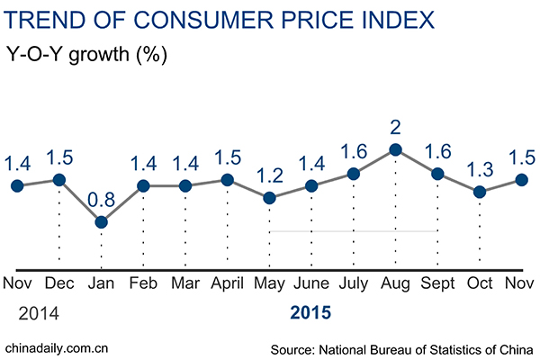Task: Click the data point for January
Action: click(x=101, y=221)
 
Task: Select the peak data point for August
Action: click(x=395, y=150)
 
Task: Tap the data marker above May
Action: click(x=269, y=197)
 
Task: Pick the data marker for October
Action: click(x=480, y=192)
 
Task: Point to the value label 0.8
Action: click(x=101, y=197)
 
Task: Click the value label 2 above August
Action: click(x=395, y=126)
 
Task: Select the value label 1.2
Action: click(x=269, y=172)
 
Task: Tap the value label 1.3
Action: click(x=480, y=166)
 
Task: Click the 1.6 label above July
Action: click(x=354, y=149)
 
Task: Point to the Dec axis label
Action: click(x=59, y=284)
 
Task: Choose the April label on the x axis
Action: click(x=226, y=284)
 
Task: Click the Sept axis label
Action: click(x=437, y=284)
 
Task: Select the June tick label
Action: click(x=311, y=284)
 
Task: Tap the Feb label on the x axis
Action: click(x=143, y=284)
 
